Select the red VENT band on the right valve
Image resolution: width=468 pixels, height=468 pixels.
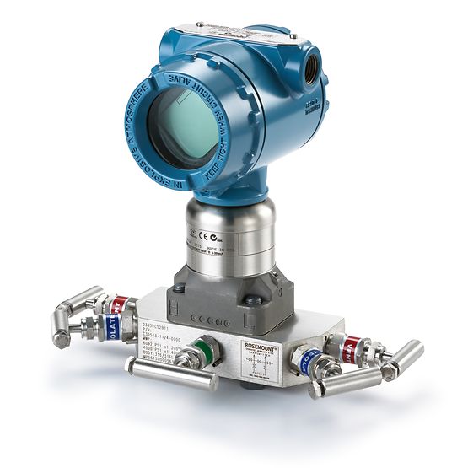coord(353,343)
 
